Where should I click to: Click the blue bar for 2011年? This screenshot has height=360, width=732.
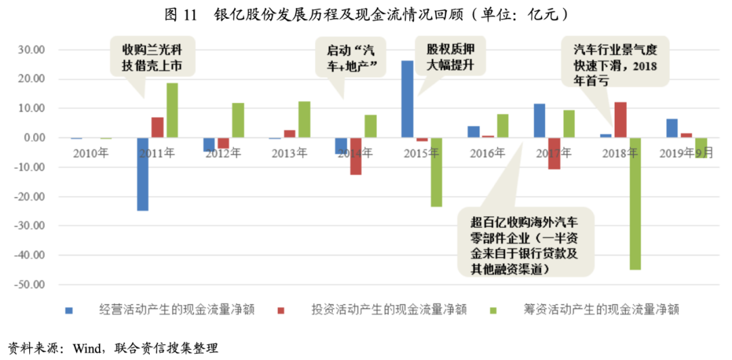(142, 174)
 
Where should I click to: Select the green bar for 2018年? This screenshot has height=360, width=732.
(635, 203)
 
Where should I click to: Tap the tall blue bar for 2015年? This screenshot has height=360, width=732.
(407, 99)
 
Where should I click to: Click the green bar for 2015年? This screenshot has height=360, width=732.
(436, 172)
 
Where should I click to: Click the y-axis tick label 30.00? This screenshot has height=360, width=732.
(30, 50)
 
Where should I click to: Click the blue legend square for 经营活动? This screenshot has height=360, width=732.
(68, 310)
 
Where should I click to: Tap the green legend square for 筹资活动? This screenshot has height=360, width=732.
(493, 310)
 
